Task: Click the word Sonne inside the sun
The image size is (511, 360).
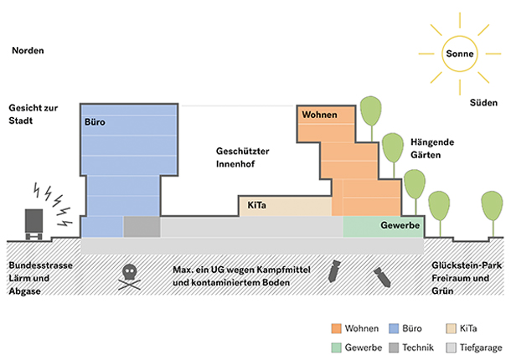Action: pyautogui.click(x=460, y=54)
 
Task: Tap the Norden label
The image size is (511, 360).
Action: pyautogui.click(x=28, y=50)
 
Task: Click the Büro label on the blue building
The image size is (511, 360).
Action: pyautogui.click(x=95, y=122)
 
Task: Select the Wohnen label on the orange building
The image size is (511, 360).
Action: pyautogui.click(x=319, y=114)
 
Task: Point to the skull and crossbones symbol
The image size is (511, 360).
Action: pyautogui.click(x=130, y=275)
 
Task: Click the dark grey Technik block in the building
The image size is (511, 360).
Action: pyautogui.click(x=141, y=226)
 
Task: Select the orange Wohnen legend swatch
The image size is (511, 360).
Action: pyautogui.click(x=336, y=328)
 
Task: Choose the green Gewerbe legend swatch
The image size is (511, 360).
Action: pyautogui.click(x=336, y=347)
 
